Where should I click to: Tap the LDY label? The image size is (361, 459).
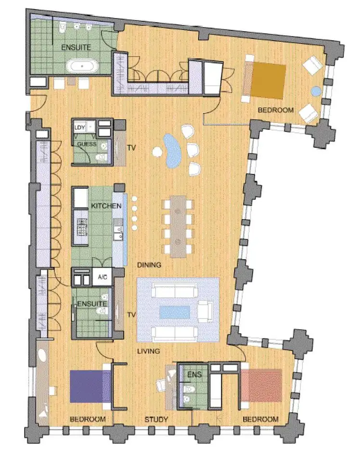[80, 127]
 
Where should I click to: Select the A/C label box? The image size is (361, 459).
[102, 277]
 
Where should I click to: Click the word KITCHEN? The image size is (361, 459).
[106, 206]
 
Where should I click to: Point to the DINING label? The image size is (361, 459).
[149, 265]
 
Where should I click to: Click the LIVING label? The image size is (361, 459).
[148, 351]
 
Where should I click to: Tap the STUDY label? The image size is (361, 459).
[156, 420]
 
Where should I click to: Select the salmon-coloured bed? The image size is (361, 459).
[261, 385]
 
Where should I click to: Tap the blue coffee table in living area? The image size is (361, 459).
[175, 312]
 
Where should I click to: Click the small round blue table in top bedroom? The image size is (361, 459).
[315, 91]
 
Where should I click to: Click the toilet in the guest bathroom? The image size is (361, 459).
[101, 157]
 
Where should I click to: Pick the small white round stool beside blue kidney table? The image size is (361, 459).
[157, 152]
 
